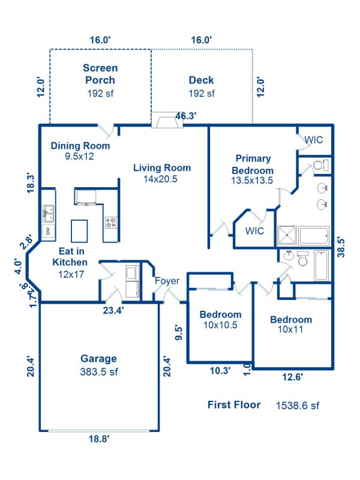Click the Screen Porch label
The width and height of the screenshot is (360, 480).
[100, 74]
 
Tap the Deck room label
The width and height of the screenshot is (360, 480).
[201, 80]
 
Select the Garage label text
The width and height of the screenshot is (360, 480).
[98, 359]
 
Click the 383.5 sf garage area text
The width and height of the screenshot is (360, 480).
[98, 372]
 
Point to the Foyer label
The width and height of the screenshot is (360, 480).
[167, 281]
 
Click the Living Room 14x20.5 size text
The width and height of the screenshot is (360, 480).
[161, 179]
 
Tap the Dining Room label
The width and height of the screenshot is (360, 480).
[80, 146]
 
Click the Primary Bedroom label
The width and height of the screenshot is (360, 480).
[253, 164]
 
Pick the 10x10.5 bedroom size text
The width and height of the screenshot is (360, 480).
[220, 325]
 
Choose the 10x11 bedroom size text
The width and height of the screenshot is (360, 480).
[290, 329]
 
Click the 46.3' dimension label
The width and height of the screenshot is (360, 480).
[186, 116]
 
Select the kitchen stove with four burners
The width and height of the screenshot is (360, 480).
[111, 223]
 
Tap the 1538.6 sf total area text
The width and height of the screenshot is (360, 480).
[297, 406]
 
